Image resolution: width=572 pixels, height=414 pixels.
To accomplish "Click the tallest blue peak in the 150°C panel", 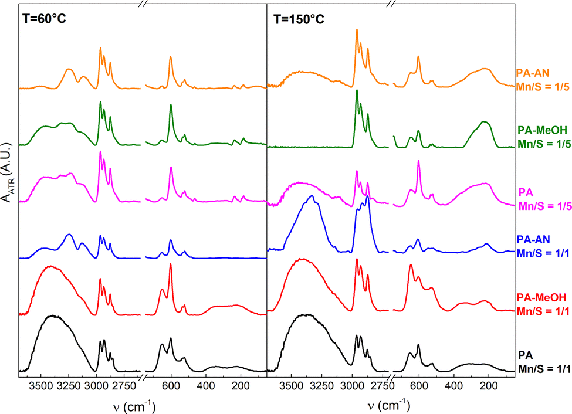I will (x=367, y=196).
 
